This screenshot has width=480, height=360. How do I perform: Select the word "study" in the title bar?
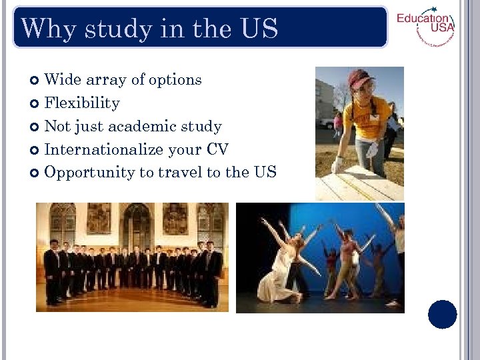pos(106,29)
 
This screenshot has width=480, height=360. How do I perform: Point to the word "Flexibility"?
pos(82,103)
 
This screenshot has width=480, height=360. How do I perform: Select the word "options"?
pos(175,81)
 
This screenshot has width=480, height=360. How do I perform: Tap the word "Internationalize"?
pos(102,150)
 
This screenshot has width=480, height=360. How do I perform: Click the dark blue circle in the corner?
pos(442,314)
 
